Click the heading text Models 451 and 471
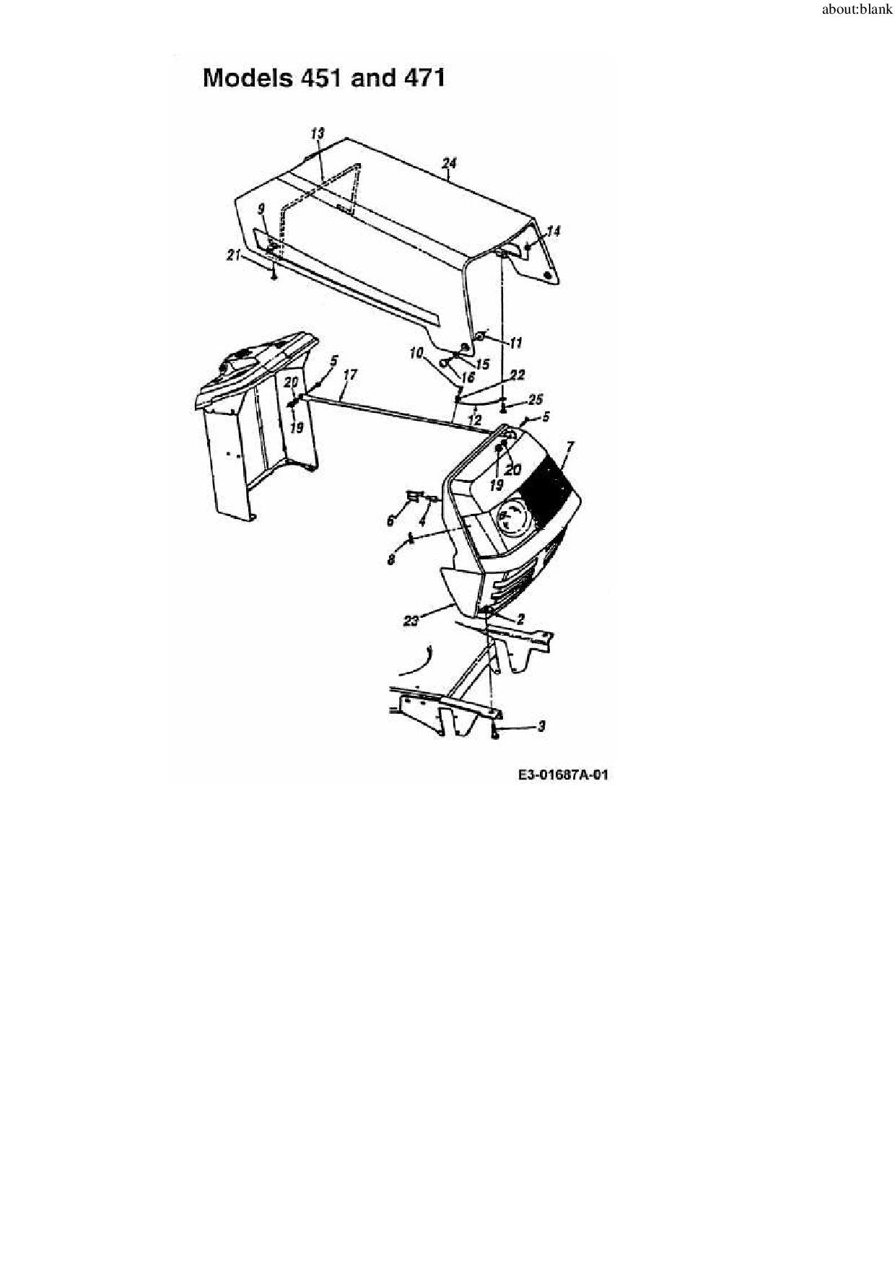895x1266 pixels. tap(323, 78)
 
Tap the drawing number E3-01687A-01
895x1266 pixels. tap(563, 775)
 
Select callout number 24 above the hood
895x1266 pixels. tap(449, 163)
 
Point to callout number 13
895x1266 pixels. tap(318, 134)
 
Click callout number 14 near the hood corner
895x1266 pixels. tap(554, 231)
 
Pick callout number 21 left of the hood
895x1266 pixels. tap(233, 255)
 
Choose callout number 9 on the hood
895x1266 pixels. tap(261, 209)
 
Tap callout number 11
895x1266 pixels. tap(515, 343)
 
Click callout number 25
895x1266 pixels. tap(535, 399)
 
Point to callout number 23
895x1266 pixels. tap(411, 620)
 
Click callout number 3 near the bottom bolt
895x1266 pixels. tap(541, 726)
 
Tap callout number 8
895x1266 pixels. tap(391, 559)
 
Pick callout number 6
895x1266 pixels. tap(391, 520)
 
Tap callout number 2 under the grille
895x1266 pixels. tap(520, 619)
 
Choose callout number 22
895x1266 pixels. tap(517, 375)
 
